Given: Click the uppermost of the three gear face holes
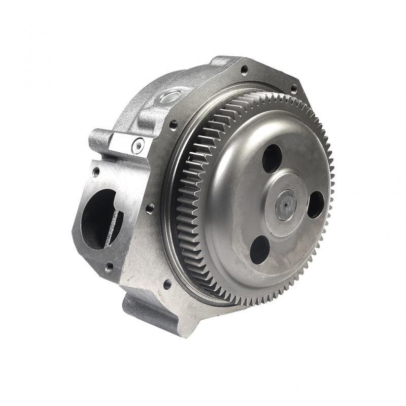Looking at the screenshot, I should [x=272, y=157].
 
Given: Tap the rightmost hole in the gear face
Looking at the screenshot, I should [x=315, y=204].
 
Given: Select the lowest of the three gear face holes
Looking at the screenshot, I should [x=259, y=249].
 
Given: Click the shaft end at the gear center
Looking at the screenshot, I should [x=286, y=205].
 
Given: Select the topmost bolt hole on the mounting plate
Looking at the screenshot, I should [x=244, y=70].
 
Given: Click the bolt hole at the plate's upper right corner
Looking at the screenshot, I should [x=293, y=89].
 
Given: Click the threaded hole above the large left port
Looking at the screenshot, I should [x=95, y=172].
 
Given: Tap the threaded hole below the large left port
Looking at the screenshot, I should [x=108, y=266].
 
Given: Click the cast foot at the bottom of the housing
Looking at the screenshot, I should [x=147, y=310].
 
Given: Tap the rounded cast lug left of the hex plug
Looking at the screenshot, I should [x=99, y=139].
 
